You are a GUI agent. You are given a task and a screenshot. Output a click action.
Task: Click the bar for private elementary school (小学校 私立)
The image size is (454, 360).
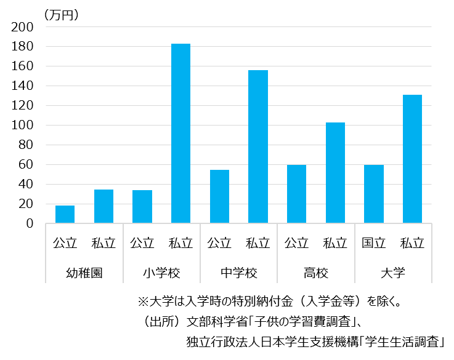click(180, 134)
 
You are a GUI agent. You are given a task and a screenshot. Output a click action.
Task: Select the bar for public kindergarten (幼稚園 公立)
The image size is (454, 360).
click(65, 214)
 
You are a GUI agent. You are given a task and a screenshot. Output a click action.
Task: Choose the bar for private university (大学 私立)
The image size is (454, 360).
click(412, 159)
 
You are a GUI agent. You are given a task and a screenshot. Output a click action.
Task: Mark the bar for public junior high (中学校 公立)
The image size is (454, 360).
click(219, 196)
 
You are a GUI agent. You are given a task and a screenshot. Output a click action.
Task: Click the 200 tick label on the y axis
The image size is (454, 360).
click(23, 27)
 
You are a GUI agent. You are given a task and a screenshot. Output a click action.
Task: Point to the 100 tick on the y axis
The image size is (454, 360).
click(23, 126)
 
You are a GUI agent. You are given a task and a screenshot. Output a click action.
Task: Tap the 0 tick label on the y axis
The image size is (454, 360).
click(30, 224)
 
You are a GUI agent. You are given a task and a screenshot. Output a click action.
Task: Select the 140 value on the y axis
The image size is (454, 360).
click(23, 86)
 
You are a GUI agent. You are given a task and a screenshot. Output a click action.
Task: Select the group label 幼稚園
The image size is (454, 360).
click(84, 273)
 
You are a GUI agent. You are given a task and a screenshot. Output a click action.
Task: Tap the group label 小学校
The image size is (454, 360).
click(161, 273)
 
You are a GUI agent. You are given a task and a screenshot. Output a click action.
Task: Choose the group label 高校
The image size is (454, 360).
click(316, 273)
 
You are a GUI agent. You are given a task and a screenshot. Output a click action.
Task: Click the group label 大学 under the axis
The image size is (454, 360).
click(393, 273)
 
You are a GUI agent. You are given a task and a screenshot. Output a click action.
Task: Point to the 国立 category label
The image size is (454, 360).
click(374, 243)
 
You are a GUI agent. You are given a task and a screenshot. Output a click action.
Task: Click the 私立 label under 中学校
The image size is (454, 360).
click(258, 243)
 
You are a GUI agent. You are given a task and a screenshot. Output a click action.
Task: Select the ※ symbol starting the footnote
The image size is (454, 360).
click(144, 302)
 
